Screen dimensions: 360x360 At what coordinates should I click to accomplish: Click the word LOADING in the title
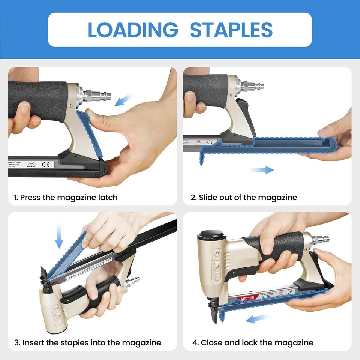pos(133,30)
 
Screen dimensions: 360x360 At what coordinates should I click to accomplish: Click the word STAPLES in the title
pos(231,30)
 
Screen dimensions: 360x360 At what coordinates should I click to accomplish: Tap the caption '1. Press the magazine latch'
pos(66,197)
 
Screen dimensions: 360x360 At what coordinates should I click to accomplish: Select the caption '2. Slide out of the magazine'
pos(244,197)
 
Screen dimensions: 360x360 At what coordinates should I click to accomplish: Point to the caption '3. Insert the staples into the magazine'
pos(88,342)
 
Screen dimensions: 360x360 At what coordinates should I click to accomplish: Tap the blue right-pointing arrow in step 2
pos(261,170)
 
